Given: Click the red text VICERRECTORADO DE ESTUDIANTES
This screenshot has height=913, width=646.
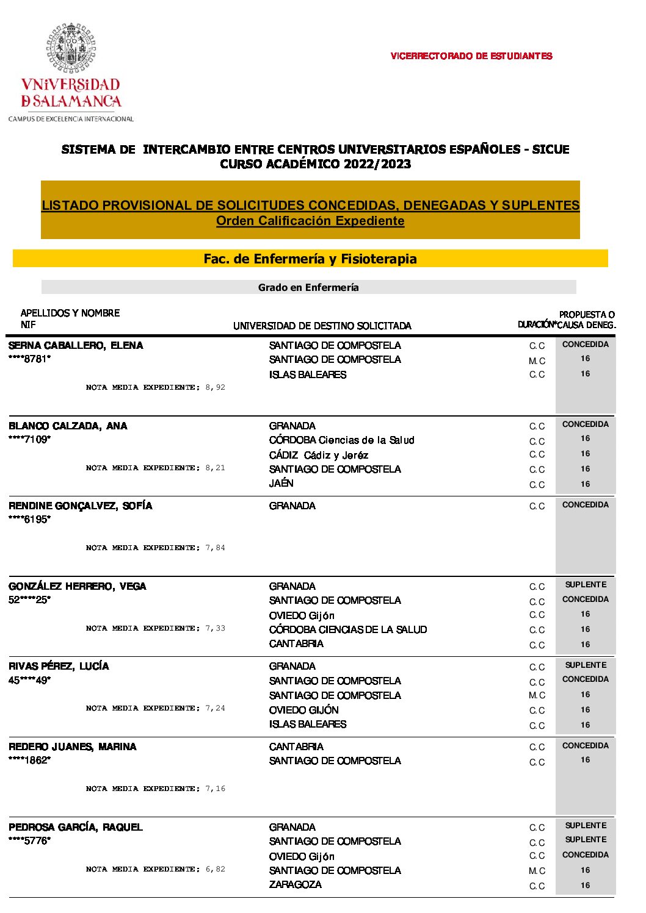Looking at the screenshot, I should [471, 56].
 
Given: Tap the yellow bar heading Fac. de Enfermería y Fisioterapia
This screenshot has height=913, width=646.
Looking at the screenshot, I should [310, 259].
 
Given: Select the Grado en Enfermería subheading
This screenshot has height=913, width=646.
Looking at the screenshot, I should [308, 287].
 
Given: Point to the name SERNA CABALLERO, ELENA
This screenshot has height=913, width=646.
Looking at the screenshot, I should [76, 345].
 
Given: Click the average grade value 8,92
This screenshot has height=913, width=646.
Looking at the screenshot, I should [215, 387].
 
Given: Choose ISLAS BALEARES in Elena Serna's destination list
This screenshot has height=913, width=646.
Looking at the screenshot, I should [307, 374].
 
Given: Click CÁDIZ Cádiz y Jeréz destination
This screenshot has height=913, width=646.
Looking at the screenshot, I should [318, 455].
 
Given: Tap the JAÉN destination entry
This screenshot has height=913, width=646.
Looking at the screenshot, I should [281, 483].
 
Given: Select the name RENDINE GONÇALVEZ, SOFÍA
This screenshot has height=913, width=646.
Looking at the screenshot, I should [80, 506].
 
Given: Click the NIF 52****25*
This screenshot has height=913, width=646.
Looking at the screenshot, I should [29, 600].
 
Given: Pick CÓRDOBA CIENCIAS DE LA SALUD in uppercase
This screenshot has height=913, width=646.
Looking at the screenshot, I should [347, 629].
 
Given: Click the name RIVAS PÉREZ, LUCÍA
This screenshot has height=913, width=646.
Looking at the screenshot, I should [59, 666].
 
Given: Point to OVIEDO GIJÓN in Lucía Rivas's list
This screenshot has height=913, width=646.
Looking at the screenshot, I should [303, 710].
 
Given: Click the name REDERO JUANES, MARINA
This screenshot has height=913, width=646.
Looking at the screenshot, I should [72, 747].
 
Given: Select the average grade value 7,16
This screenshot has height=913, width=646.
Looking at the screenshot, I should [215, 789].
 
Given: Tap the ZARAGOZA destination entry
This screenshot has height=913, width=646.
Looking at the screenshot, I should [295, 884].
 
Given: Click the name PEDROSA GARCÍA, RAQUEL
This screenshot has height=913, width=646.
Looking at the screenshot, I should [75, 827].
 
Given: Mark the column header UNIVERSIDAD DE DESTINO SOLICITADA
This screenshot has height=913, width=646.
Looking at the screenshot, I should [322, 326].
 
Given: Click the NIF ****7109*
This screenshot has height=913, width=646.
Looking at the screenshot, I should [29, 439].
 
